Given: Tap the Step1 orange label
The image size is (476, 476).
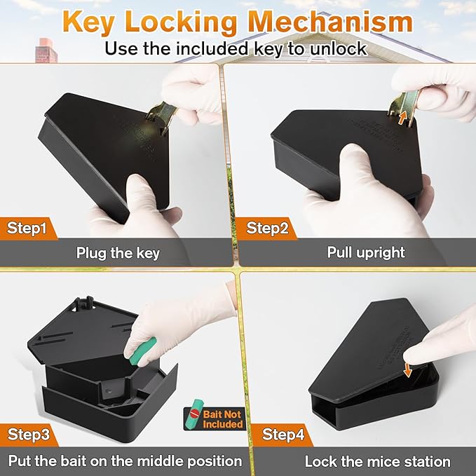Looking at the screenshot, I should pos(29,227).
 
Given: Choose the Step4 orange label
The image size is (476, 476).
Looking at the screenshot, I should pos(283,435).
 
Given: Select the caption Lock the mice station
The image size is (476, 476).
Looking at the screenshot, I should pos(377,461).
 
